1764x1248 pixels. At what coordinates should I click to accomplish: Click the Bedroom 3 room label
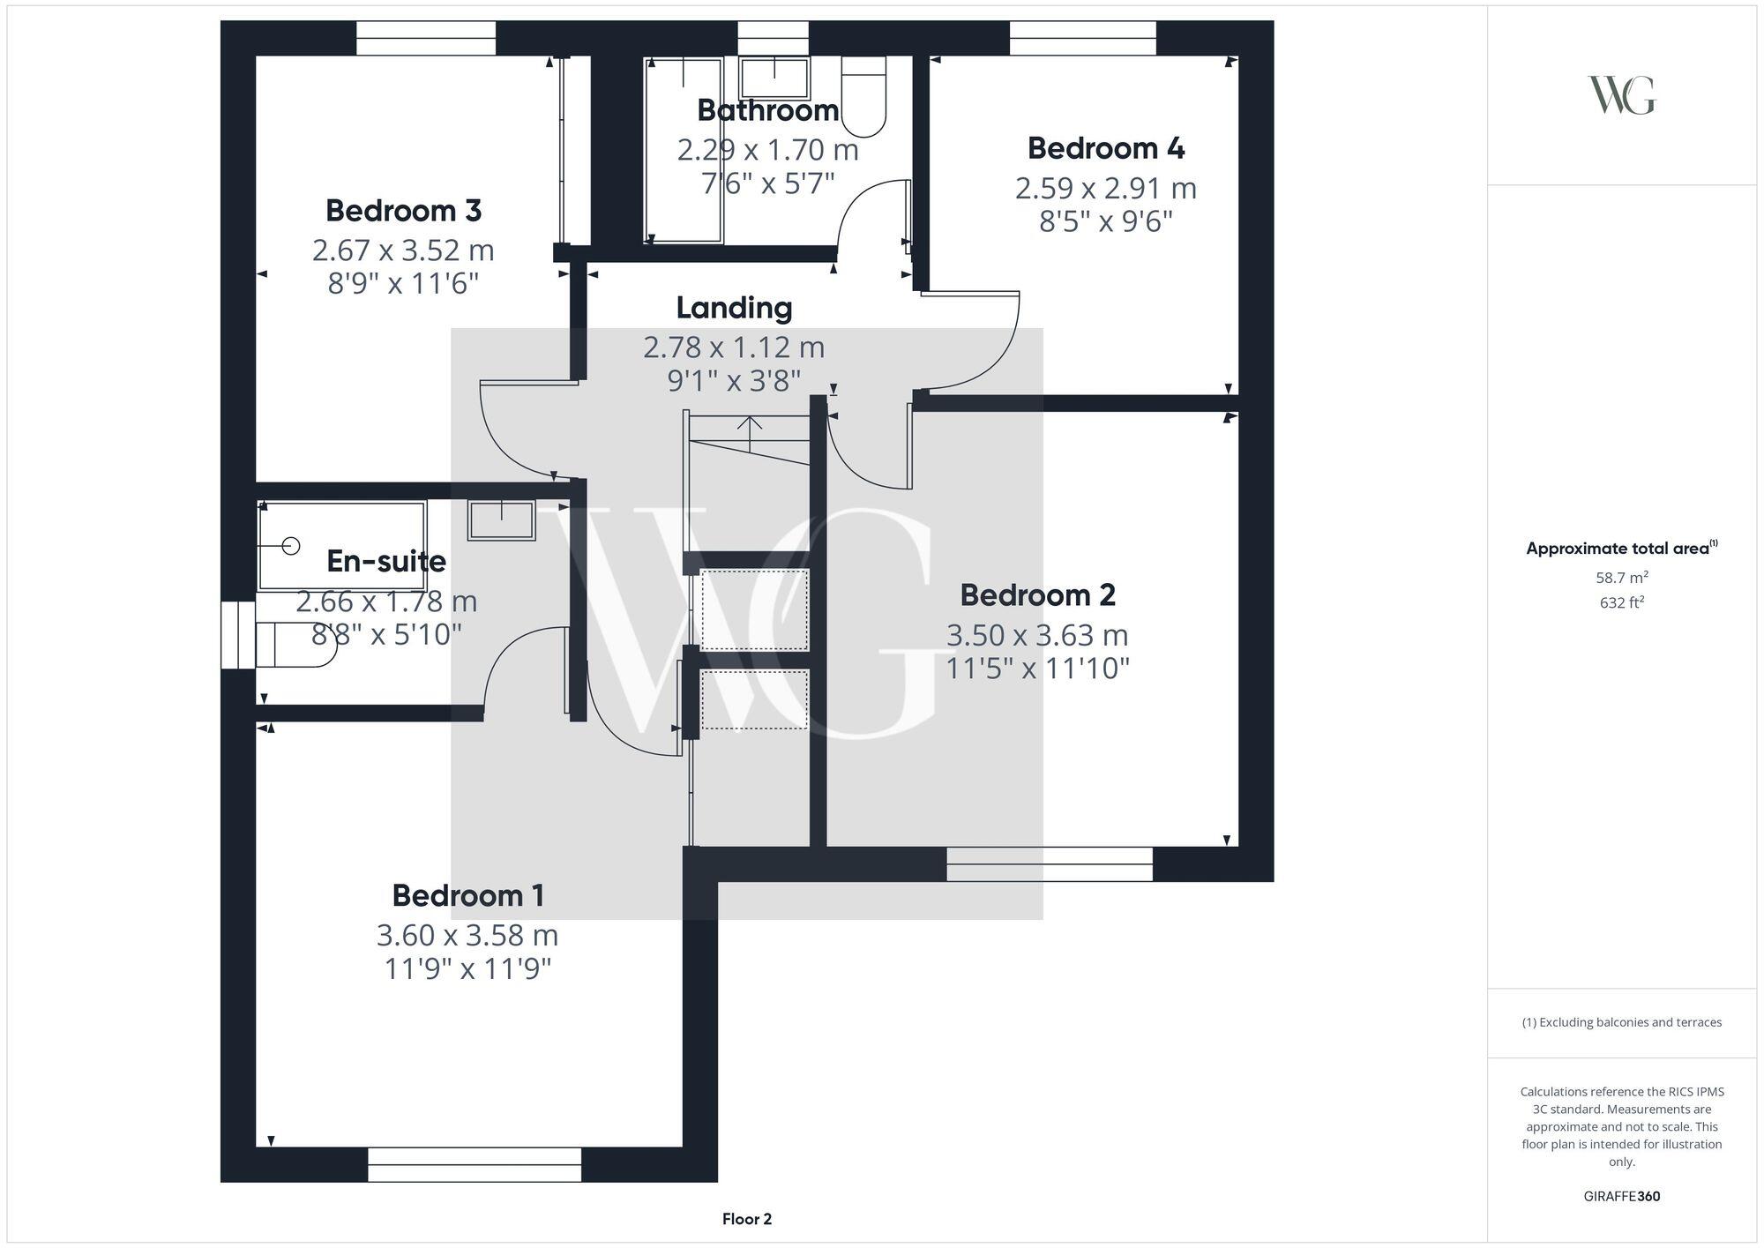pyautogui.click(x=403, y=211)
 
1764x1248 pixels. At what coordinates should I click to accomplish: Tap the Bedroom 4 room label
pyautogui.click(x=1105, y=148)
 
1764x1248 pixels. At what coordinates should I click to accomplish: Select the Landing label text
pyautogui.click(x=734, y=308)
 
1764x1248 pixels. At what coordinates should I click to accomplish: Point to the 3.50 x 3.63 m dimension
pyautogui.click(x=1037, y=635)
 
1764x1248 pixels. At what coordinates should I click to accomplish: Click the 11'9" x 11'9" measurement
pyautogui.click(x=467, y=969)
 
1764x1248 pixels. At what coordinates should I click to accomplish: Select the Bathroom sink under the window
pyautogui.click(x=774, y=78)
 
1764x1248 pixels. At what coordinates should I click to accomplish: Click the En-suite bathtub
pyautogui.click(x=342, y=546)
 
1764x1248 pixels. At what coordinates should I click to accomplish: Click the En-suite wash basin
pyautogui.click(x=501, y=519)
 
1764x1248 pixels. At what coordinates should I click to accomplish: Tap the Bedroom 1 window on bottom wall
pyautogui.click(x=475, y=1164)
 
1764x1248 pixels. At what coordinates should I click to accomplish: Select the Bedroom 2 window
pyautogui.click(x=1050, y=864)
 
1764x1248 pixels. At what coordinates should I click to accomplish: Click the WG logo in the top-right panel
pyautogui.click(x=1621, y=95)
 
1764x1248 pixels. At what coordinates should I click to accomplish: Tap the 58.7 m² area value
pyautogui.click(x=1621, y=578)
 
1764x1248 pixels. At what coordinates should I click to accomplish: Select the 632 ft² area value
pyautogui.click(x=1621, y=603)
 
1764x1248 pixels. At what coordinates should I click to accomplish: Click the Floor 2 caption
pyautogui.click(x=746, y=1219)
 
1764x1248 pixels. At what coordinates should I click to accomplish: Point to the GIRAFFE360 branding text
pyautogui.click(x=1621, y=1196)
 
